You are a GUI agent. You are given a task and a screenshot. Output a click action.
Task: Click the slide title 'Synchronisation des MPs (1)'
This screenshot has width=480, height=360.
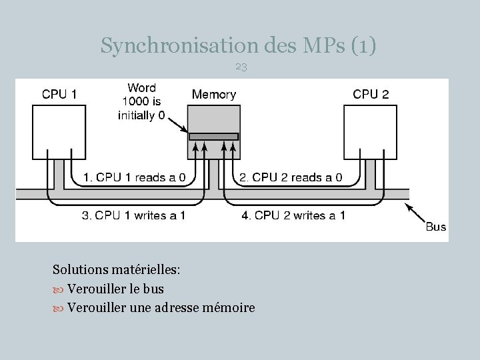[x=239, y=45]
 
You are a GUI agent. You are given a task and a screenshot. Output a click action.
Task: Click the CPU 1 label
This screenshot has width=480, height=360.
[x=59, y=94]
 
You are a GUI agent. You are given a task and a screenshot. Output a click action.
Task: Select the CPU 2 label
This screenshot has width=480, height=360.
[x=371, y=94]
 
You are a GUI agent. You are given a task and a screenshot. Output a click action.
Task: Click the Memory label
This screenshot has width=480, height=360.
[x=213, y=94]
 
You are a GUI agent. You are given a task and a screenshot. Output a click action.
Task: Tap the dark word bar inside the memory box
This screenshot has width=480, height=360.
[x=213, y=137]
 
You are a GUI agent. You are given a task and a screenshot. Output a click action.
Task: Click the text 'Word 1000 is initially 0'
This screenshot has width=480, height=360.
[x=141, y=101]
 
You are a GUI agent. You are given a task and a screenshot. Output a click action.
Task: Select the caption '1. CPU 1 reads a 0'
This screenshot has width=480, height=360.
[x=139, y=177]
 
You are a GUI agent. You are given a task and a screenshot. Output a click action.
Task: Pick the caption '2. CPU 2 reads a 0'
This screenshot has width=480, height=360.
[x=291, y=177]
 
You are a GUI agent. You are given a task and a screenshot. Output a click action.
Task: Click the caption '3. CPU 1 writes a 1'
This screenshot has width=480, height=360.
[x=133, y=215]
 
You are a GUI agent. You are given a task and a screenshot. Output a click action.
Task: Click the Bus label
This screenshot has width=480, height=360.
[x=435, y=227]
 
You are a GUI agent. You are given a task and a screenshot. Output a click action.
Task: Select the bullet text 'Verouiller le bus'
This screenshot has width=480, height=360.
[x=115, y=289]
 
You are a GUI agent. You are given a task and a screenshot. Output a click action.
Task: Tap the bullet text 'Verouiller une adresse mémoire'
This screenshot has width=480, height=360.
[x=161, y=308]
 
